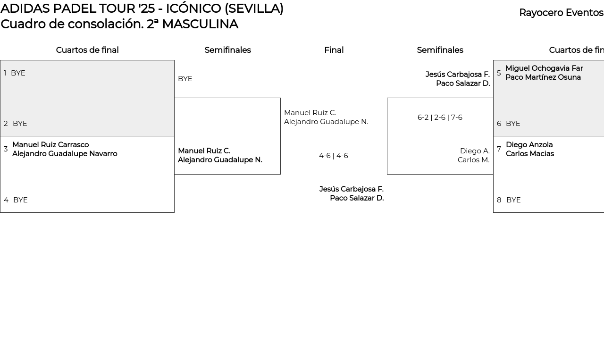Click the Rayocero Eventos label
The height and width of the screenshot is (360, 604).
point(561,13)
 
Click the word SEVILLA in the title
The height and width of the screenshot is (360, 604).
point(254,8)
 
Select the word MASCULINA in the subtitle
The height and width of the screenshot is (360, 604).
point(200,24)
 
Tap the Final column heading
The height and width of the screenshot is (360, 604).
point(334,50)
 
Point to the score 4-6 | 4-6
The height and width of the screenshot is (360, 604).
point(334,156)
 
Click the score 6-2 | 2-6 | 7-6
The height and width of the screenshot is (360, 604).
point(440,117)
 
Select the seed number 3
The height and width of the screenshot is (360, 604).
point(6,149)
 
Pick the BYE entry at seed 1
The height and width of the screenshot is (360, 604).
point(18,73)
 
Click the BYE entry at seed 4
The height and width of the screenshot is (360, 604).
point(20,200)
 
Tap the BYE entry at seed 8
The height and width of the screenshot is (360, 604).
point(513,200)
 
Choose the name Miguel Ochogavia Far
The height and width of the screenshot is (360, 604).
point(544,68)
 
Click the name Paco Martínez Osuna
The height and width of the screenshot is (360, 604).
point(543,77)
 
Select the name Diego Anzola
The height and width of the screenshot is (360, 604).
point(529,144)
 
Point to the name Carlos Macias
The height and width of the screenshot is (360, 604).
point(530,154)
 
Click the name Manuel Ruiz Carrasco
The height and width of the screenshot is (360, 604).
point(50,144)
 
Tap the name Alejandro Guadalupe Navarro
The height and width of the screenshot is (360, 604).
point(65,154)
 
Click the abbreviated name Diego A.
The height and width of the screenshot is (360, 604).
point(475,151)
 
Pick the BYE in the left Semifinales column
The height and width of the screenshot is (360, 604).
point(185,79)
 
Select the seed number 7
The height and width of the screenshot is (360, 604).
point(499,149)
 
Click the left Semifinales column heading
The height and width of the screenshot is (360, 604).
point(227,50)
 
